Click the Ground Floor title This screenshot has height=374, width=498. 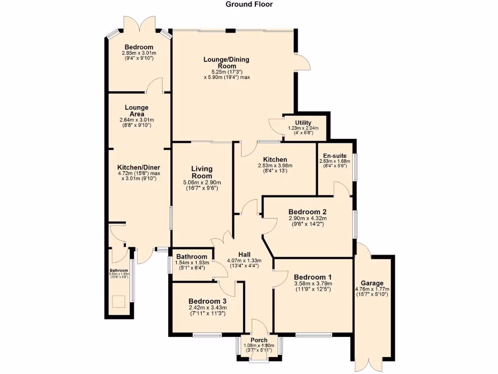pos(249,4)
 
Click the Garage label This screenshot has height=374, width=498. pos(372,283)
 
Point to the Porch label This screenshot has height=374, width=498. pos(259,340)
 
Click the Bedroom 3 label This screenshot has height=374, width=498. pos(207,301)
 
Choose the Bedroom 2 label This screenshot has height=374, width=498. pos(307,212)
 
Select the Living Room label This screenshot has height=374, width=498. pos(202,172)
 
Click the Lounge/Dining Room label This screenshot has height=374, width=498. pos(226,63)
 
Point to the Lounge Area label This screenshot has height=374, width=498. pos(137,111)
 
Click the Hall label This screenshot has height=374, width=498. pos(244,254)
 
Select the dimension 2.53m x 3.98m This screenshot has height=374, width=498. pos(275,166)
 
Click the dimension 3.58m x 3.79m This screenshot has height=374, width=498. pos(313,284)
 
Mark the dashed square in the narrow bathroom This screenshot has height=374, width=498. pos(119,302)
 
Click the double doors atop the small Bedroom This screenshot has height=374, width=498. pos(139,24)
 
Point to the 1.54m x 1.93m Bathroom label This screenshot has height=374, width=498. pos(192,257)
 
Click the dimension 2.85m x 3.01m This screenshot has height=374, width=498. pos(139,53)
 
